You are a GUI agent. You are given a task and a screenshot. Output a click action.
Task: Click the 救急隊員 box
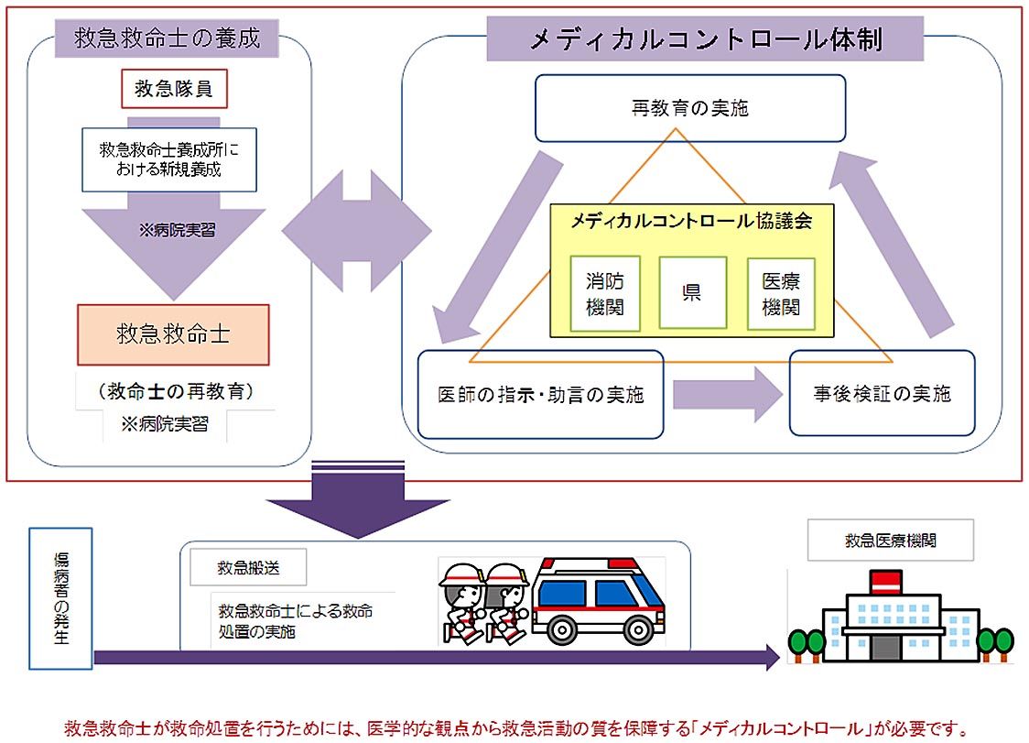pos(174,89)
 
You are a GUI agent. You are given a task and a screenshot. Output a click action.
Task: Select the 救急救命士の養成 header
pos(168,38)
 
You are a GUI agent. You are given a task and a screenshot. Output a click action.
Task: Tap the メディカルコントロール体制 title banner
pos(705,40)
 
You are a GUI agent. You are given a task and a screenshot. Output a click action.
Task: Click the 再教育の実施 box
pos(689,108)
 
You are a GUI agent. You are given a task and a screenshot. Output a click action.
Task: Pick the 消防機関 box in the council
pos(604,294)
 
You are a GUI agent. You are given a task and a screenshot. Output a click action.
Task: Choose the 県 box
pos(692,293)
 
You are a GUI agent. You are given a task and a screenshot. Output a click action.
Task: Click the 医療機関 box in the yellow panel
pos(781,294)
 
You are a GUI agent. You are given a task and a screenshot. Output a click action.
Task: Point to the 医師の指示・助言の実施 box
pos(540,395)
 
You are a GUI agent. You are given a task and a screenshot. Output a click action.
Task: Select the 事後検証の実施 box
pos(882,393)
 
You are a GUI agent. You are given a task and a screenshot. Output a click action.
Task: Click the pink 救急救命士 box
pos(173,334)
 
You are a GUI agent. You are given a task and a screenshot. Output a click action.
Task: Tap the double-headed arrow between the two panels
pos(355,230)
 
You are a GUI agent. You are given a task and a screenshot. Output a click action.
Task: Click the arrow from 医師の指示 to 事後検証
pos(728,394)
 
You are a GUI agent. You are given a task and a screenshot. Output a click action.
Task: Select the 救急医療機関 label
pos(890,541)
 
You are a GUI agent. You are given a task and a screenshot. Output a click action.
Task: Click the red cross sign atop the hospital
pos(885,580)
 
